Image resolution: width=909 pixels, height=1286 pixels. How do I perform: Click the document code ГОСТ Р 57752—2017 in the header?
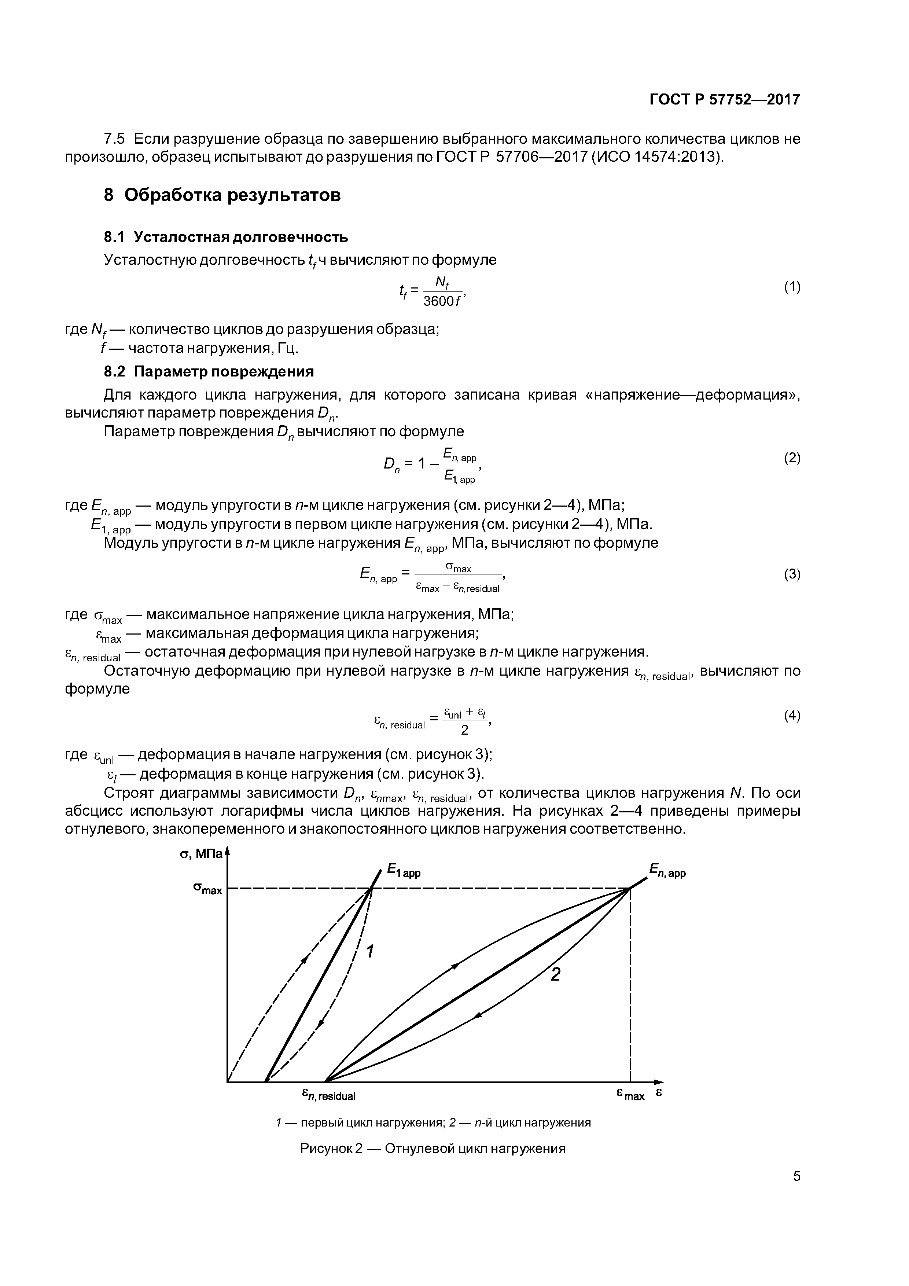tap(725, 100)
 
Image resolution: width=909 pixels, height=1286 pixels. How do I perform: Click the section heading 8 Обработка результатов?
tap(222, 195)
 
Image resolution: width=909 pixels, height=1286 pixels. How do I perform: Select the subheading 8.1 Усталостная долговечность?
tap(226, 237)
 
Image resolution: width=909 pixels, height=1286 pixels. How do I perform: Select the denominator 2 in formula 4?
tap(464, 730)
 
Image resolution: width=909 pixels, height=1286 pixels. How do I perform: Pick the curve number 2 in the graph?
tap(555, 975)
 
